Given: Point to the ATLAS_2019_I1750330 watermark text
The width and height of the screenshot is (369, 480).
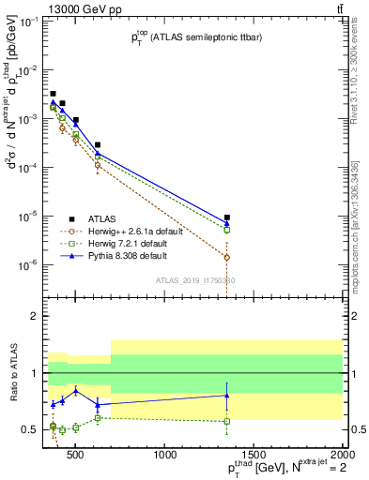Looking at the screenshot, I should pos(194,280).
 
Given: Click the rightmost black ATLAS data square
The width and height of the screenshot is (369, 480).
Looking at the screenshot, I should pos(227,217).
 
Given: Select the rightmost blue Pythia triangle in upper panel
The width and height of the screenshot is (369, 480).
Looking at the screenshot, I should pos(227,223).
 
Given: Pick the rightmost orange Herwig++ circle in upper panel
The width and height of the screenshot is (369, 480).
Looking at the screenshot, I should pos(227,257).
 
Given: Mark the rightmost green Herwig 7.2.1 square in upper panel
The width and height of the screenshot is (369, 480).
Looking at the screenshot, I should pos(227,230).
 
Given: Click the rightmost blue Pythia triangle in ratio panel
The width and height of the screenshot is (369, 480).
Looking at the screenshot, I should pos(227,396).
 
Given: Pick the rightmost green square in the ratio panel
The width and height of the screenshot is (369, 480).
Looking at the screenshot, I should pos(227,421).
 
